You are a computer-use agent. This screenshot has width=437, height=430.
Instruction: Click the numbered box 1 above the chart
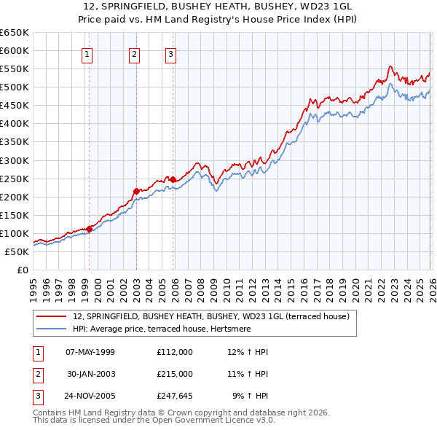pyautogui.click(x=87, y=54)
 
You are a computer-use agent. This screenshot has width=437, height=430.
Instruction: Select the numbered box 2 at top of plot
pyautogui.click(x=135, y=54)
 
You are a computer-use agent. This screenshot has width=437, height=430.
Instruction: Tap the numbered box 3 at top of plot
pyautogui.click(x=170, y=54)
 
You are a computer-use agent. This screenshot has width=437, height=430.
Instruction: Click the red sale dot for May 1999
pyautogui.click(x=89, y=228)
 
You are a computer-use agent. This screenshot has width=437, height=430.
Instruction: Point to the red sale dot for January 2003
pyautogui.click(x=136, y=191)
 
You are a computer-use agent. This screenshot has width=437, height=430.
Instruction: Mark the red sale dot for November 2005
pyautogui.click(x=173, y=179)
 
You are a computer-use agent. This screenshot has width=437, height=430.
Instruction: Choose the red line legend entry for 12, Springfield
pyautogui.click(x=211, y=316)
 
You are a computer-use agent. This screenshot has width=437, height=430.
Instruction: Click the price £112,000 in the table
pyautogui.click(x=175, y=352)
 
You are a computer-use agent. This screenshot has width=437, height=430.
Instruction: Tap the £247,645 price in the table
pyautogui.click(x=175, y=396)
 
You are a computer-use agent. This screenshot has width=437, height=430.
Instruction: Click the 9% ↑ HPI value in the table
pyautogui.click(x=250, y=396)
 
